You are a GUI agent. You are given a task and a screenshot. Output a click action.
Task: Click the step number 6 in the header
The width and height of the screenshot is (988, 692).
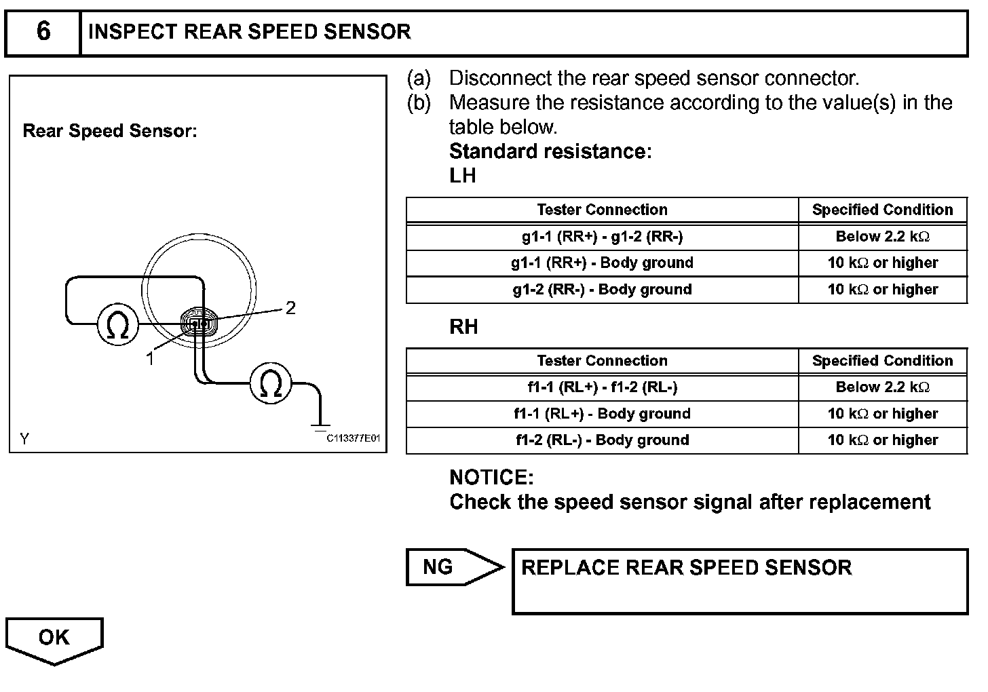pyautogui.click(x=43, y=31)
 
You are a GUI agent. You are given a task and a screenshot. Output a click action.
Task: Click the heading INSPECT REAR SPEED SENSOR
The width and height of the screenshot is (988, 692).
pyautogui.click(x=249, y=32)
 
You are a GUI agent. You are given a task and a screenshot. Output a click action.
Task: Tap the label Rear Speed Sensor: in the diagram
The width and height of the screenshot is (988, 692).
pyautogui.click(x=110, y=131)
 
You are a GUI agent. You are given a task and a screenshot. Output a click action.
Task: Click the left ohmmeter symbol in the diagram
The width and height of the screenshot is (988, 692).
pyautogui.click(x=118, y=325)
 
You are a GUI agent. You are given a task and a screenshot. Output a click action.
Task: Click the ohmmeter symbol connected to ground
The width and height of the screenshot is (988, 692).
pyautogui.click(x=271, y=383)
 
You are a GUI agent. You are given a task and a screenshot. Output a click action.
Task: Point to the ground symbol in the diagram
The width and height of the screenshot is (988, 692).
pyautogui.click(x=319, y=427)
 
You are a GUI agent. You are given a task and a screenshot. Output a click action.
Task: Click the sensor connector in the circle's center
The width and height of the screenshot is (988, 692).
pyautogui.click(x=199, y=324)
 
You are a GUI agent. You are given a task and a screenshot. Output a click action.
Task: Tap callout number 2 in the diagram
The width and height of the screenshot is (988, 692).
pyautogui.click(x=290, y=309)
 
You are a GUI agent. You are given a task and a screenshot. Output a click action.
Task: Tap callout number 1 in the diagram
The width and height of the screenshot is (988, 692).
pyautogui.click(x=150, y=359)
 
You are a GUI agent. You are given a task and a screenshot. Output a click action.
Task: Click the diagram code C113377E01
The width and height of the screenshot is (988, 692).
pyautogui.click(x=354, y=438)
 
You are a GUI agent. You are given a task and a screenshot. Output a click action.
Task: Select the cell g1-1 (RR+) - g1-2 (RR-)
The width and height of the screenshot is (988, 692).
pyautogui.click(x=602, y=237)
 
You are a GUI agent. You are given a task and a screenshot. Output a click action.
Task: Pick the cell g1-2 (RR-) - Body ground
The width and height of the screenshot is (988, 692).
pyautogui.click(x=602, y=290)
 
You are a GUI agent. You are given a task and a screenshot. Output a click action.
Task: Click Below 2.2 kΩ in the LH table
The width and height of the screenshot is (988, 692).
pyautogui.click(x=882, y=237)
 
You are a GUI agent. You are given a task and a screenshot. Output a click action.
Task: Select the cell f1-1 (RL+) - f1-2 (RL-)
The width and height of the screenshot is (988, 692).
pyautogui.click(x=602, y=387)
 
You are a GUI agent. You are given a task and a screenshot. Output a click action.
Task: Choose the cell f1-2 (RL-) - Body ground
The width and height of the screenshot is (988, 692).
pyautogui.click(x=602, y=440)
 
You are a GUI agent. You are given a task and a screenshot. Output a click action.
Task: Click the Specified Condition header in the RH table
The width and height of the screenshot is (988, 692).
pyautogui.click(x=882, y=361)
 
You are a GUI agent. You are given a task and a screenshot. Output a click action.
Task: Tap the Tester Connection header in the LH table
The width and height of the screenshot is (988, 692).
pyautogui.click(x=602, y=210)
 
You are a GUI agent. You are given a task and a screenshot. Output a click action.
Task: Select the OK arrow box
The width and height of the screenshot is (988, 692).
pyautogui.click(x=54, y=638)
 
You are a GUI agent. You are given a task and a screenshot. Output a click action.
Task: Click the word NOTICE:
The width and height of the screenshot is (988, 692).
pyautogui.click(x=491, y=478)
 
